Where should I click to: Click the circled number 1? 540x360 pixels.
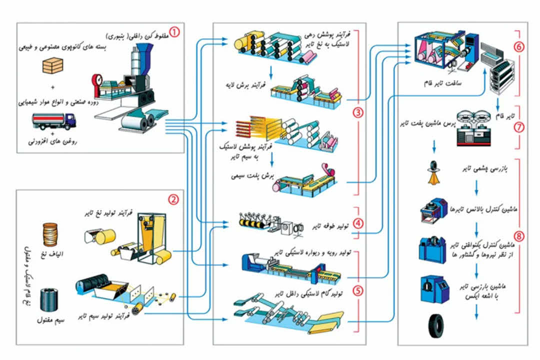[174, 32]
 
